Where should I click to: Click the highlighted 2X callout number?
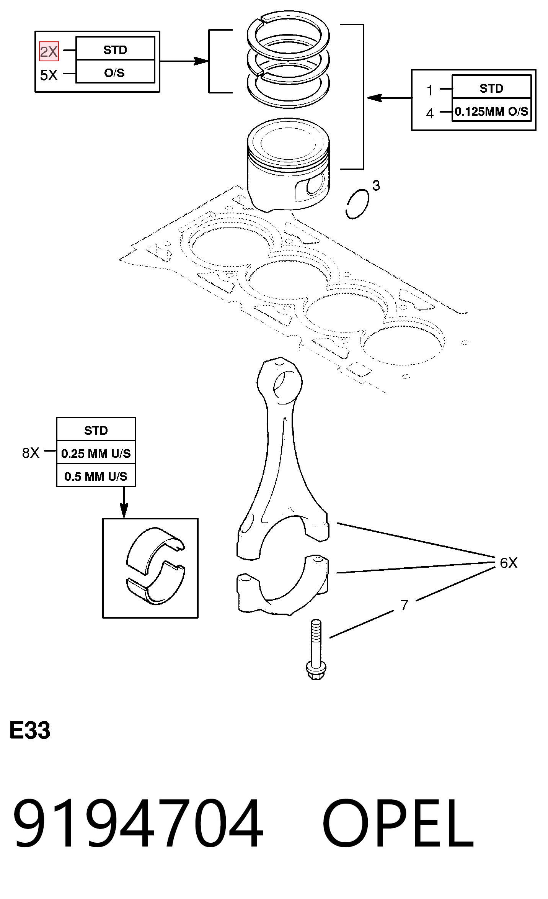[49, 51]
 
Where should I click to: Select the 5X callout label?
[49, 75]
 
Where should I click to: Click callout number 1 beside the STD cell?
[430, 90]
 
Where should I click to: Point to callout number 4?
[430, 113]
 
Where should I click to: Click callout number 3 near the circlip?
[376, 185]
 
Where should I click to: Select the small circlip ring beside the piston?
[357, 204]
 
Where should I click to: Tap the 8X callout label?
[31, 453]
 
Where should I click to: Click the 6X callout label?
[509, 563]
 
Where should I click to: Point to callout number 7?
[404, 605]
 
